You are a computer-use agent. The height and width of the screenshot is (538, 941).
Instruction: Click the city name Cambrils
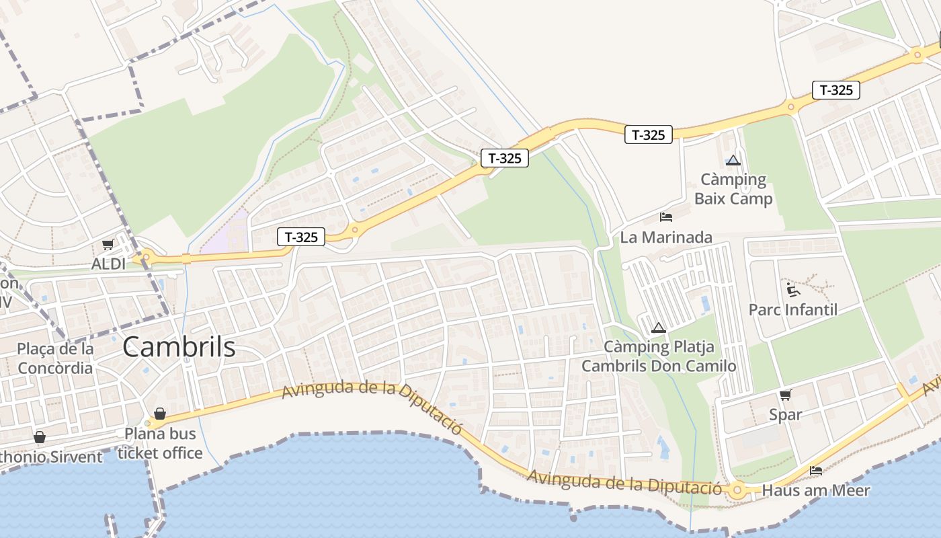click(x=179, y=347)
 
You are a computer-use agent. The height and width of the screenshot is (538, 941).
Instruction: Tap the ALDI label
click(x=108, y=264)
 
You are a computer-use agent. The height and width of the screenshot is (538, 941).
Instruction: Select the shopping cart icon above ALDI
click(x=108, y=245)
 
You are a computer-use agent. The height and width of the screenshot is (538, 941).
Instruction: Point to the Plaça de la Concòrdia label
click(x=55, y=358)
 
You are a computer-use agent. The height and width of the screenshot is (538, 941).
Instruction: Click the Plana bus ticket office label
click(x=160, y=443)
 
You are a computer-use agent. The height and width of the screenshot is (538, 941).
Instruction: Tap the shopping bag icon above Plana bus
click(x=160, y=414)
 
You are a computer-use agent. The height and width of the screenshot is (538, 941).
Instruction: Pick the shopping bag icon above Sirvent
click(x=40, y=438)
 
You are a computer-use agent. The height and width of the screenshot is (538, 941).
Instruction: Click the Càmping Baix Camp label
click(x=733, y=189)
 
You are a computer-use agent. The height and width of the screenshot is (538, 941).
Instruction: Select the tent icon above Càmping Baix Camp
click(x=733, y=161)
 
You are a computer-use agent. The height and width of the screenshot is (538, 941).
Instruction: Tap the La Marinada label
click(x=666, y=237)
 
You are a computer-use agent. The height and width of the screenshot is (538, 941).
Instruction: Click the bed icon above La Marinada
click(x=666, y=217)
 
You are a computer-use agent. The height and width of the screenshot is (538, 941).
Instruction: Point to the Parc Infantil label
click(x=793, y=310)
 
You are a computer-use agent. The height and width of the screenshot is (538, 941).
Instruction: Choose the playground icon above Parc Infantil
click(x=793, y=290)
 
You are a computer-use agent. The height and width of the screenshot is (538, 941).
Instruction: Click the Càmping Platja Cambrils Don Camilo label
click(x=659, y=356)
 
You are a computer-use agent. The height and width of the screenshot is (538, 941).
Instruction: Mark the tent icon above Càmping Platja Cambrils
click(x=659, y=328)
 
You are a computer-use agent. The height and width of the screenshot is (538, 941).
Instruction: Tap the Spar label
click(x=785, y=415)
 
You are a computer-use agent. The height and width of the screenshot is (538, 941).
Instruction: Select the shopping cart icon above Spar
click(x=785, y=395)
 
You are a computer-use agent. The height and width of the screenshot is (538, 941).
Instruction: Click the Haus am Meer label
click(x=816, y=491)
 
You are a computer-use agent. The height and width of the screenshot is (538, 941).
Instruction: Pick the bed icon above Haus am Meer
click(x=816, y=471)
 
